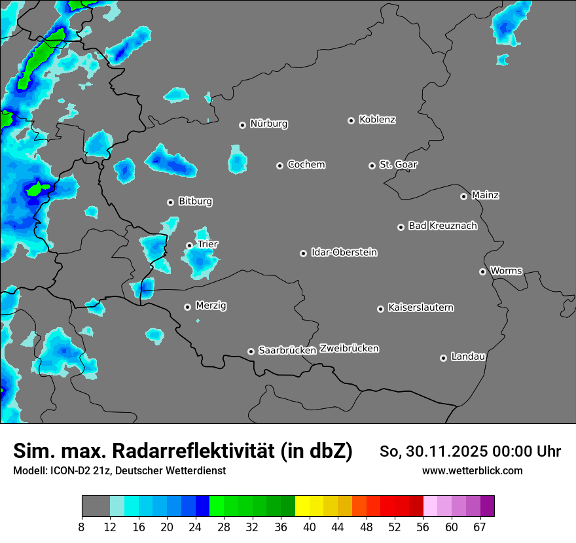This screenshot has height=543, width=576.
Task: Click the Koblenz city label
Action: pyautogui.click(x=377, y=120)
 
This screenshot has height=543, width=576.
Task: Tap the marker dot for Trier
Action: pyautogui.click(x=189, y=245)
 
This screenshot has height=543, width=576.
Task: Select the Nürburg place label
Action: pyautogui.click(x=268, y=124)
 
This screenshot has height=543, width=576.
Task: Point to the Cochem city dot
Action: pyautogui.click(x=279, y=166)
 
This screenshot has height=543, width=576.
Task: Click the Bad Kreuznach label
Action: pyautogui.click(x=442, y=226)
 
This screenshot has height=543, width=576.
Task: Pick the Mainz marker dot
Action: pyautogui.click(x=463, y=196)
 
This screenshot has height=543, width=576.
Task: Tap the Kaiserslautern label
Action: pyautogui.click(x=420, y=307)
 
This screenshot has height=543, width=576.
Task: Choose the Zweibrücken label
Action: pyautogui.click(x=349, y=349)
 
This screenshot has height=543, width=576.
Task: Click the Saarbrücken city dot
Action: pyautogui.click(x=251, y=351)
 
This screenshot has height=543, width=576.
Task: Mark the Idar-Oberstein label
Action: pyautogui.click(x=344, y=253)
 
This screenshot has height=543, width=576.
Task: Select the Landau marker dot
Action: pyautogui.click(x=443, y=358)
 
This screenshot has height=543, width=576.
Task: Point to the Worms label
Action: pyautogui.click(x=506, y=271)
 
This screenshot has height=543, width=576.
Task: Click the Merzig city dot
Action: pyautogui.click(x=187, y=307)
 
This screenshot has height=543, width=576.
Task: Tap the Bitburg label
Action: pyautogui.click(x=195, y=201)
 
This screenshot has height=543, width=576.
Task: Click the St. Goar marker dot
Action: pyautogui.click(x=372, y=166)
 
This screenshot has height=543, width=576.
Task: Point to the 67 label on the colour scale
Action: pyautogui.click(x=480, y=527)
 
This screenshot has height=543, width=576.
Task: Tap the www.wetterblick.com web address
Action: pyautogui.click(x=472, y=470)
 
